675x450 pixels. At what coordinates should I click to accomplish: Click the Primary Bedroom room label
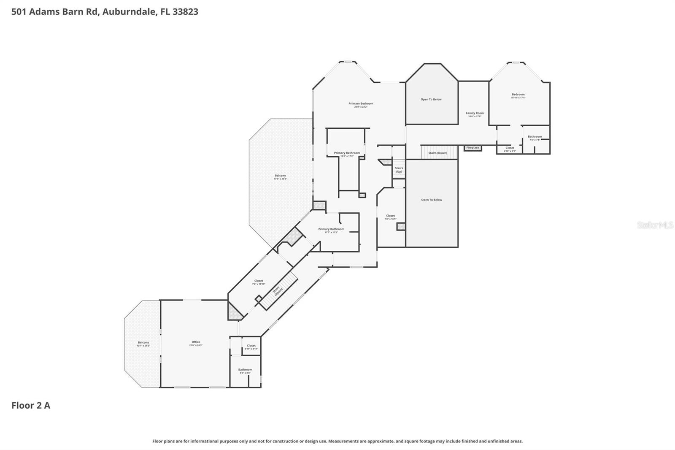point(361,105)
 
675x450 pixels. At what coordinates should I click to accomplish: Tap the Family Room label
point(475,114)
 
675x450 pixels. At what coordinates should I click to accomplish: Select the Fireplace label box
point(472,148)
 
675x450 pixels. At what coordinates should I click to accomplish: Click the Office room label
point(196,343)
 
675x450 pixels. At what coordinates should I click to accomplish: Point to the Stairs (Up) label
point(399,170)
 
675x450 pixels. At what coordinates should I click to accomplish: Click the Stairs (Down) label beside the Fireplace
point(437,153)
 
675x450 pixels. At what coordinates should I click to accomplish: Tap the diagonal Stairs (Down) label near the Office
point(277,291)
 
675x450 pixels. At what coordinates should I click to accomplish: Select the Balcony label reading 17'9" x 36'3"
point(280,177)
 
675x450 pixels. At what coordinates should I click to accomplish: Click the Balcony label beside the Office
point(143,344)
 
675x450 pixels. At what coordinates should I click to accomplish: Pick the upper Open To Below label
point(431,100)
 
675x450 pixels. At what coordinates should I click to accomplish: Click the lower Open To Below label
point(431,200)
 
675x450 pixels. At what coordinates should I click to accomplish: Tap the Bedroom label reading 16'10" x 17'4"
point(518,95)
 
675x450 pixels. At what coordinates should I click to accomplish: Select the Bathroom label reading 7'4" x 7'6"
point(535,138)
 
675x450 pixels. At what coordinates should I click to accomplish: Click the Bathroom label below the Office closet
point(245,371)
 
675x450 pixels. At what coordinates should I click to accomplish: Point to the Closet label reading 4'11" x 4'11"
point(251,347)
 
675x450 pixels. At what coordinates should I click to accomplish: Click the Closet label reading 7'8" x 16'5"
point(390,217)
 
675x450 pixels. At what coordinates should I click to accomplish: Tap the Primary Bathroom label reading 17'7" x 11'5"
point(331,230)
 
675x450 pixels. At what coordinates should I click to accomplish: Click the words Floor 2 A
point(31,406)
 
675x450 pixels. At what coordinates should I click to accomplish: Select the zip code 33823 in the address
point(185,12)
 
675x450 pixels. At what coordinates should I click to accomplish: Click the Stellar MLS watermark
point(655,225)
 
